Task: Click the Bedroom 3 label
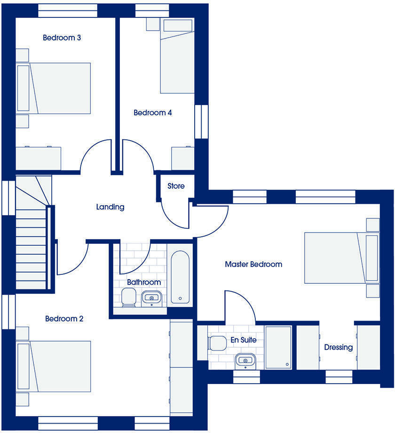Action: click(62, 38)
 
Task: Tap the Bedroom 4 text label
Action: click(152, 113)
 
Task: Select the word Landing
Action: click(110, 207)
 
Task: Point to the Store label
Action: click(176, 186)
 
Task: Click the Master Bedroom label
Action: click(253, 264)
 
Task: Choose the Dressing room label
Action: click(338, 347)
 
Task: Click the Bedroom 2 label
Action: click(64, 319)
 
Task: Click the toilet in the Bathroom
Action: click(127, 297)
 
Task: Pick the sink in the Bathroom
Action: click(151, 298)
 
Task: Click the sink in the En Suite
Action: click(245, 361)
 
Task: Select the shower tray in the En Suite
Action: click(278, 347)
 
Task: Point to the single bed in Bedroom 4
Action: click(177, 56)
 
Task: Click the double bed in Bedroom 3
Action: click(54, 88)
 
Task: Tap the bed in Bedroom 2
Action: click(54, 367)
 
